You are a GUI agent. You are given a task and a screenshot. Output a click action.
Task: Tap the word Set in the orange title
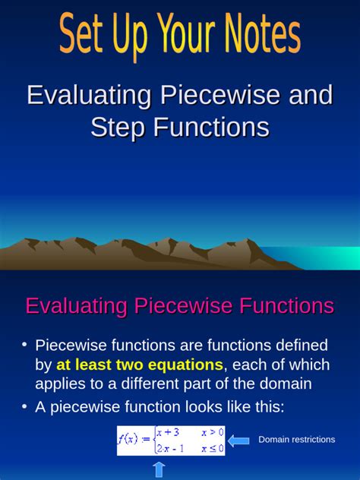coord(86,36)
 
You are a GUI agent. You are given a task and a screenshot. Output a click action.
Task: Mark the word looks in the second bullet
coord(195,407)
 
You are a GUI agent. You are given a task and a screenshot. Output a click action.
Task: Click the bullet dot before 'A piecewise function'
coord(24,407)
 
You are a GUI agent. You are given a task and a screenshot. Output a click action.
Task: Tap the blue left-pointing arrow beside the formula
coord(240,440)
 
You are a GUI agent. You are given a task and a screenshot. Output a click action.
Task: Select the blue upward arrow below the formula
coord(159,470)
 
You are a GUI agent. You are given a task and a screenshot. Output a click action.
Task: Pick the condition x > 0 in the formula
coord(212,432)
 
